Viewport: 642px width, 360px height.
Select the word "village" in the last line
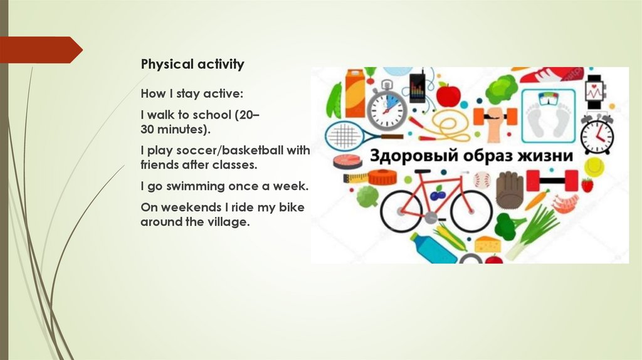[x=224, y=222]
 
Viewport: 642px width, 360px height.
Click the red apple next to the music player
[x=448, y=95]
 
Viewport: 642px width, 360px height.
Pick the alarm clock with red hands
[x=596, y=134]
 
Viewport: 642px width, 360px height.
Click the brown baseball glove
[x=509, y=188]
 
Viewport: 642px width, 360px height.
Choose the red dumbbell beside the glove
[x=543, y=181]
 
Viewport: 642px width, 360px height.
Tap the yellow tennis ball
[x=593, y=166]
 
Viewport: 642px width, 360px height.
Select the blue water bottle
[x=433, y=248]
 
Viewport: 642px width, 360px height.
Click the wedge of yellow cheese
[x=487, y=243]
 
